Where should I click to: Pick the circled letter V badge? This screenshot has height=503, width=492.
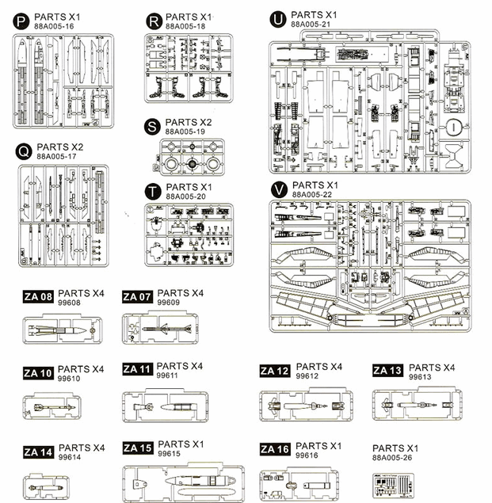click(278, 189)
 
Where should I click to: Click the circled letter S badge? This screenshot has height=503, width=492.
click(152, 126)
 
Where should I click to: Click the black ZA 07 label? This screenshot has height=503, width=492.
click(138, 297)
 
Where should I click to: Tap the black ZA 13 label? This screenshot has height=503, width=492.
click(387, 371)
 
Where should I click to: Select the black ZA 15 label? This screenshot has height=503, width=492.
click(138, 448)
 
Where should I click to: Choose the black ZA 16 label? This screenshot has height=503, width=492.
click(275, 449)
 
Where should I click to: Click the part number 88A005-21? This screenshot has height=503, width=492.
click(311, 25)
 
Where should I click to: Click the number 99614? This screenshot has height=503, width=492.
click(71, 459)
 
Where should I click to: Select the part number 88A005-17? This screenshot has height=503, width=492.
click(56, 157)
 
